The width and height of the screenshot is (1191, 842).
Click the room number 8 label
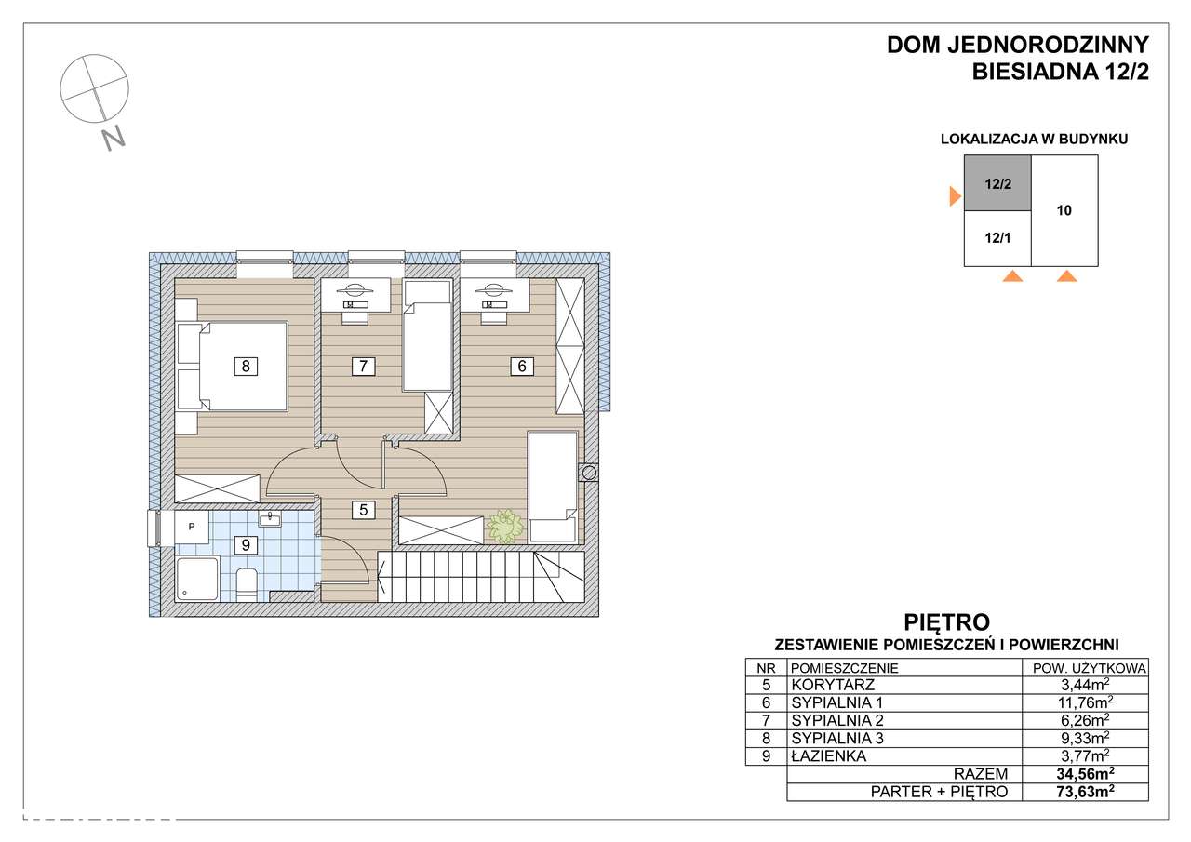tap(246, 367)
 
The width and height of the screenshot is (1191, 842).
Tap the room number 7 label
tap(363, 367)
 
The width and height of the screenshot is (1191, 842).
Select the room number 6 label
tap(522, 367)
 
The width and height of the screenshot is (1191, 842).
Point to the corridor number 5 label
tap(363, 510)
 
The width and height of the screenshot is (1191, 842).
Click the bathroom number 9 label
tap(246, 545)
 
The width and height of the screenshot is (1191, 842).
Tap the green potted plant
tap(505, 527)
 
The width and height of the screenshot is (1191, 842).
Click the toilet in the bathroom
tap(247, 584)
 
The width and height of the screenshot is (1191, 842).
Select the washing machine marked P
tap(192, 527)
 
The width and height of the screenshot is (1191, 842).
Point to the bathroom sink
tap(270, 519)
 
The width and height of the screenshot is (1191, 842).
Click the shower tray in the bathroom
tap(197, 579)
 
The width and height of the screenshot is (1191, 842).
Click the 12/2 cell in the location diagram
tap(997, 183)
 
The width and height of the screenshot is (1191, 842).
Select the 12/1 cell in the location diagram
tap(997, 238)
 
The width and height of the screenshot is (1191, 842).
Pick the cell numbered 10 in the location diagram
tap(1064, 210)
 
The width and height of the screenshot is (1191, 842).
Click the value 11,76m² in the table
tap(1085, 702)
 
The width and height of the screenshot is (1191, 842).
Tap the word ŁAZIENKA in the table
tap(828, 755)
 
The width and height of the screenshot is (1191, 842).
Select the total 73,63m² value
tap(1085, 792)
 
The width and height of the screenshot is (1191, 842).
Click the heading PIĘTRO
tap(947, 621)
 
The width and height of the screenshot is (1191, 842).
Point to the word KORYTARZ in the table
tap(833, 685)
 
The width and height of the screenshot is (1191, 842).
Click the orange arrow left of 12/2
tap(956, 196)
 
